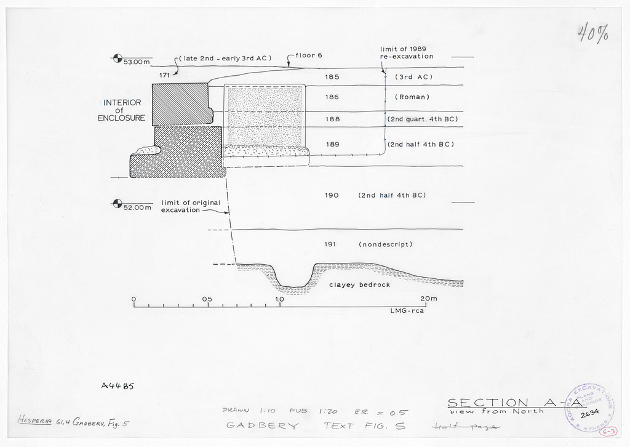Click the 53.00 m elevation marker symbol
tap(116, 59)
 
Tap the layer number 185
tap(332, 77)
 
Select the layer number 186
tap(332, 97)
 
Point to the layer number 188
tap(332, 119)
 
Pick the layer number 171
tap(164, 74)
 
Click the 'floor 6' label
tap(309, 55)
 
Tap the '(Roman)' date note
tap(412, 97)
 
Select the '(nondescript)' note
tap(385, 244)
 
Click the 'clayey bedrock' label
tap(359, 285)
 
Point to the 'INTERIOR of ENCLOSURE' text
tap(122, 110)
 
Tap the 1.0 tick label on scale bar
tap(279, 299)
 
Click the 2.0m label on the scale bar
tap(429, 299)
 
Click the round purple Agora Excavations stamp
tap(589, 407)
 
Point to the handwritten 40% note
tap(593, 33)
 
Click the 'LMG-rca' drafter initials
tap(407, 311)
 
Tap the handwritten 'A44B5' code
tap(117, 387)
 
